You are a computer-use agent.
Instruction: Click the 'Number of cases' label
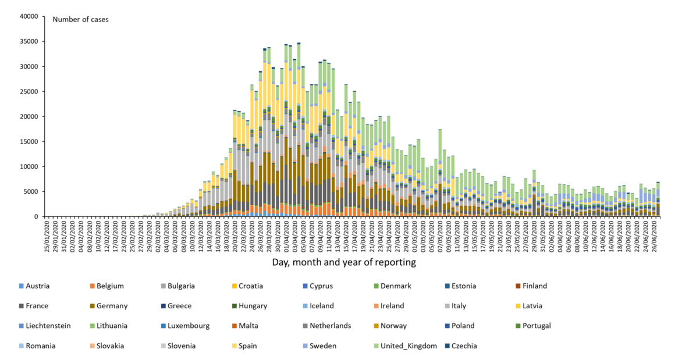coord(80,19)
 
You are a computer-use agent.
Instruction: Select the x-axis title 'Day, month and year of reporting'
coord(344,262)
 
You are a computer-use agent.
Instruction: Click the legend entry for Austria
coord(34,286)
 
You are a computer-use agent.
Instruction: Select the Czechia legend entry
coord(464,346)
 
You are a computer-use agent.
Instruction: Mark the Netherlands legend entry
coord(330,326)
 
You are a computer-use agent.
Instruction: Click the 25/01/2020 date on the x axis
coord(47,235)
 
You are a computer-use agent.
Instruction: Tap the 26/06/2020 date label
coord(655,235)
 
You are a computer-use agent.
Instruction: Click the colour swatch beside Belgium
coord(91,286)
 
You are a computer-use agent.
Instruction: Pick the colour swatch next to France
coord(21,306)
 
